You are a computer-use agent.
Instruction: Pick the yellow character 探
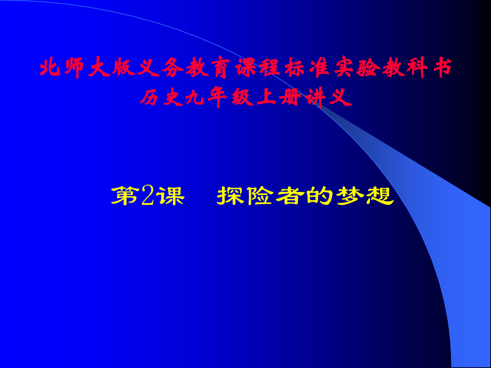coord(231,196)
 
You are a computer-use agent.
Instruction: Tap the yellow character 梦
coord(350,196)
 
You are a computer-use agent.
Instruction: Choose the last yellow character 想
coord(379,196)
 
